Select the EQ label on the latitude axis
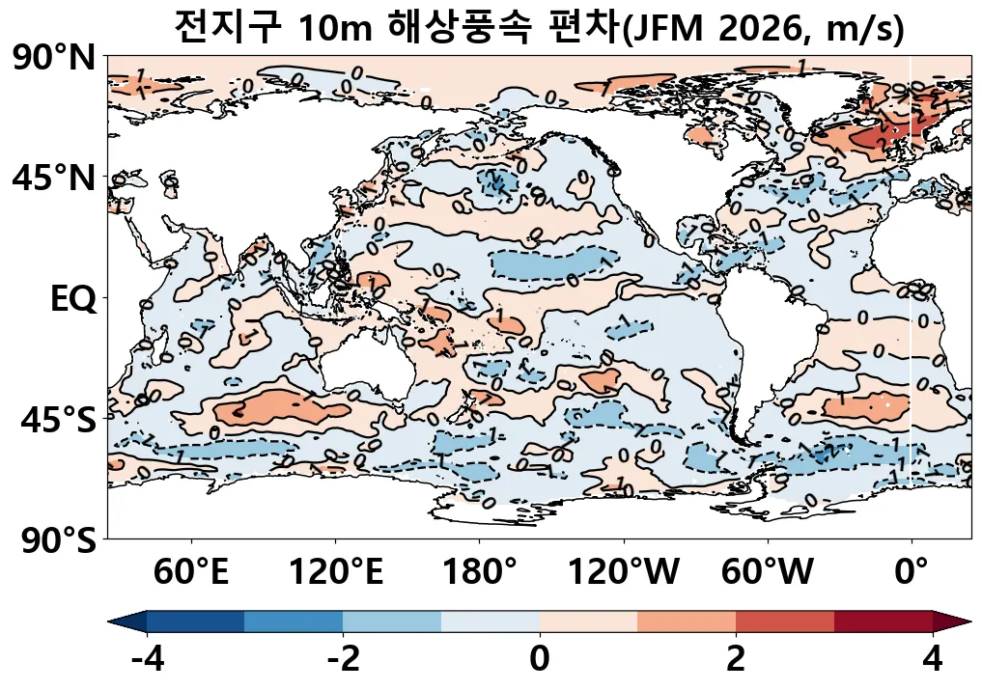(73, 299)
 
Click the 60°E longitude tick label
(192, 572)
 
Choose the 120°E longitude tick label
(336, 572)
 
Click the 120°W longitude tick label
(623, 572)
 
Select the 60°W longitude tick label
(768, 572)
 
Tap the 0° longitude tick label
(912, 572)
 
